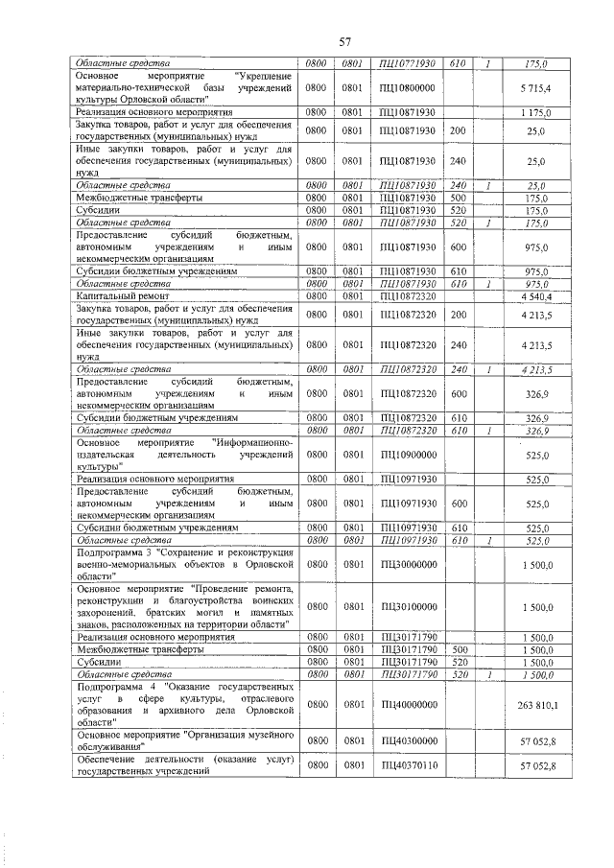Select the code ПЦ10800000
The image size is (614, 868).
click(408, 87)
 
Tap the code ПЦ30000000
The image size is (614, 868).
click(408, 566)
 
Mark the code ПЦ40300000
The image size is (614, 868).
click(408, 740)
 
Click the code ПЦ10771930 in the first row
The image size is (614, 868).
click(408, 63)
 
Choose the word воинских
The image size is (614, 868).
click(266, 594)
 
